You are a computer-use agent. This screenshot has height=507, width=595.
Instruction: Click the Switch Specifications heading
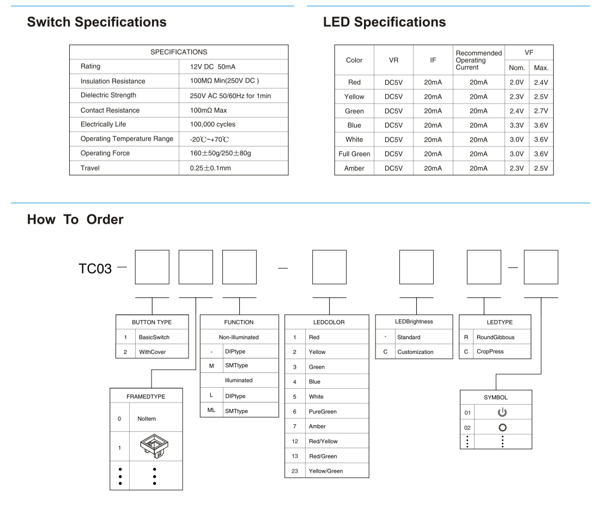pyautogui.click(x=97, y=22)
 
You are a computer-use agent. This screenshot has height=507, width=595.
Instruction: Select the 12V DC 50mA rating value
pyautogui.click(x=210, y=66)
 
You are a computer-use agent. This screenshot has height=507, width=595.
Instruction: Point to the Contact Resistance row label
pyautogui.click(x=110, y=110)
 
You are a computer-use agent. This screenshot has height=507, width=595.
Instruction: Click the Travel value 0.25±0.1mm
pyautogui.click(x=207, y=168)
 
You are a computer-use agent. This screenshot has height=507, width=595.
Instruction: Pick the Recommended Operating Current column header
pyautogui.click(x=478, y=60)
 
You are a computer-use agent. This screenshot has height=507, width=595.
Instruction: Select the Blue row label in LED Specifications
pyautogui.click(x=354, y=125)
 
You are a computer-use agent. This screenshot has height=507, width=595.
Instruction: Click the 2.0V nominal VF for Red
pyautogui.click(x=516, y=82)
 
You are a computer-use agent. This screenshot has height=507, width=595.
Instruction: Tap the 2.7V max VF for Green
pyautogui.click(x=541, y=111)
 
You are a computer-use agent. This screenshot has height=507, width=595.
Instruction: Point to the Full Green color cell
pyautogui.click(x=354, y=154)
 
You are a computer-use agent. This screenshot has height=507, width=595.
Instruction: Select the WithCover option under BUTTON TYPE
pyautogui.click(x=152, y=352)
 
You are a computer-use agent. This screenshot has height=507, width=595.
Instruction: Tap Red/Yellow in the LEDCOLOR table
pyautogui.click(x=323, y=441)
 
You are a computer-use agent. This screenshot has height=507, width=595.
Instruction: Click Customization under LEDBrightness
pyautogui.click(x=415, y=352)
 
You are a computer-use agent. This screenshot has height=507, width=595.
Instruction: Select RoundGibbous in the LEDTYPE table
pyautogui.click(x=495, y=337)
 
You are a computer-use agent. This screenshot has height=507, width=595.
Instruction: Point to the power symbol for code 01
pyautogui.click(x=502, y=412)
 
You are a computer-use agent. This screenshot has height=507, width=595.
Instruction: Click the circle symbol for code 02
pyautogui.click(x=502, y=427)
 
